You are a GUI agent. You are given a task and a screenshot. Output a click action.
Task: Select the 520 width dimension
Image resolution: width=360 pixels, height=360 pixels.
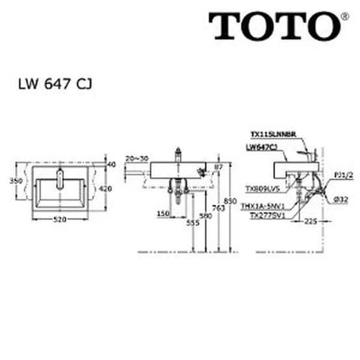click(x=60, y=220)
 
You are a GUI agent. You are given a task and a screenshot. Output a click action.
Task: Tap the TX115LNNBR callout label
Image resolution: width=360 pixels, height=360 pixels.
click(x=274, y=135)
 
